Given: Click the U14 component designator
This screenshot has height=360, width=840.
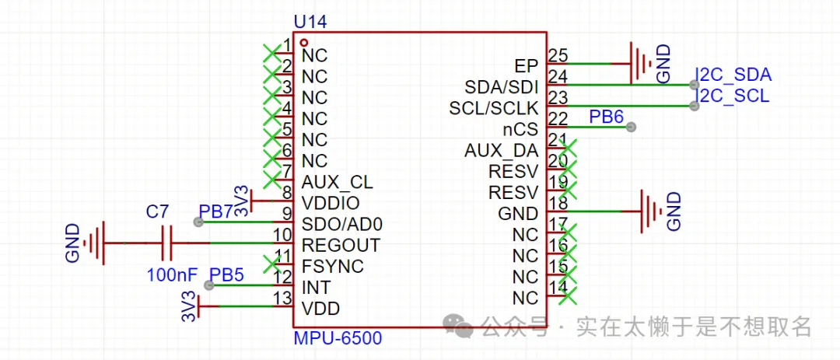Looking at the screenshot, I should click(310, 22).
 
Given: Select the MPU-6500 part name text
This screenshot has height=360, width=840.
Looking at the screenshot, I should click(338, 339).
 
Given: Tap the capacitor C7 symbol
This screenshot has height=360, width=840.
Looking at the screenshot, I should click(165, 243).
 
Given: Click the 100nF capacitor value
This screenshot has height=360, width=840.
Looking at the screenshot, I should click(172, 274).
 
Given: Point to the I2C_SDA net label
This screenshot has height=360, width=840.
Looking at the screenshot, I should click(733, 75).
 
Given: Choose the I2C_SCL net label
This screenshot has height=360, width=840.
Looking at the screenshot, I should click(732, 96).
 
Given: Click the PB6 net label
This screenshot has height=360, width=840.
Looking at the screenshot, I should click(606, 117).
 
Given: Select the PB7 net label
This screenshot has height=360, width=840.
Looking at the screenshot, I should click(215, 211).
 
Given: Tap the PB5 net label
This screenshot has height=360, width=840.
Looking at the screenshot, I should click(227, 274).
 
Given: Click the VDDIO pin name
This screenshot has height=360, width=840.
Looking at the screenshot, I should click(331, 204).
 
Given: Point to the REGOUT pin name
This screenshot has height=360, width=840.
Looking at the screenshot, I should click(341, 246).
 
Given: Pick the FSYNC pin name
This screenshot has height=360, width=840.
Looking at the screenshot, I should click(332, 267).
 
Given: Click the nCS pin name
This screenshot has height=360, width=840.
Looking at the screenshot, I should click(521, 128).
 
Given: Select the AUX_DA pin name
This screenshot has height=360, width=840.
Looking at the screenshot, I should click(501, 150).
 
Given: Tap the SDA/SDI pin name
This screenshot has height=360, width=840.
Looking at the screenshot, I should click(501, 86).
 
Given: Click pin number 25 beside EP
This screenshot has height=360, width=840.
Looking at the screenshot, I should click(557, 55).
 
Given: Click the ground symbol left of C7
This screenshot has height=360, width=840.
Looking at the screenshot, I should click(94, 243).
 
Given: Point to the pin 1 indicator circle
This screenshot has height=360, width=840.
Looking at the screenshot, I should click(305, 43).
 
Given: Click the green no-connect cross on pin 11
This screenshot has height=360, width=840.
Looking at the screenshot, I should click(271, 264).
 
